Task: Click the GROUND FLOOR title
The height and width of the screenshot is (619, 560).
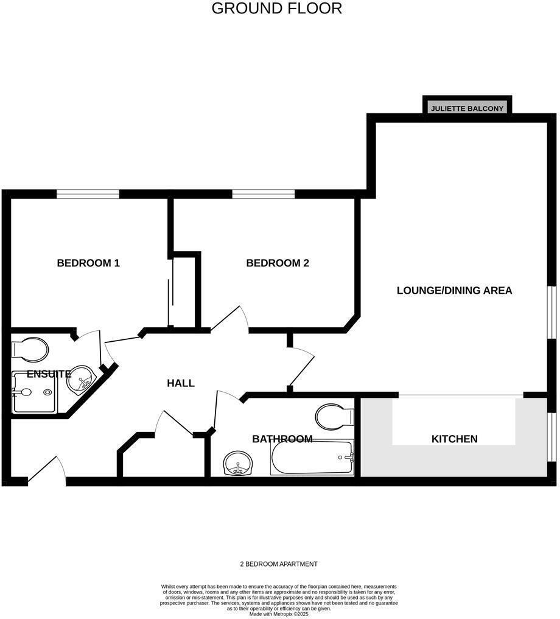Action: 277,9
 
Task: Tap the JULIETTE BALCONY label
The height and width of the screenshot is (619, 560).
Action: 467,108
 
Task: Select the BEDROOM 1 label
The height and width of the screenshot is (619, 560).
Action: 88,263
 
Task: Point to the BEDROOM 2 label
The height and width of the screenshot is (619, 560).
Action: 278,263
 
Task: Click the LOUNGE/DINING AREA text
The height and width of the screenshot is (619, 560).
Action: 454,291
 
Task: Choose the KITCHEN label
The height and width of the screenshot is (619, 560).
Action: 454,439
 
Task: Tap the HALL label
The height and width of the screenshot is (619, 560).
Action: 181,383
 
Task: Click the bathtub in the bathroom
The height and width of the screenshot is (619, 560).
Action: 312,457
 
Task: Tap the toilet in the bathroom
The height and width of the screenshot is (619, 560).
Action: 335,417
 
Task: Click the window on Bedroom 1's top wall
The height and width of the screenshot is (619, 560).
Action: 88,194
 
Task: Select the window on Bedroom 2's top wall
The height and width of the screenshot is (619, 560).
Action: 264,194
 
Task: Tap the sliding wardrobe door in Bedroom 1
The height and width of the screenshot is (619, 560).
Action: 171,292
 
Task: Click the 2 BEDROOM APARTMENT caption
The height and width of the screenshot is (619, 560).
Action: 279,564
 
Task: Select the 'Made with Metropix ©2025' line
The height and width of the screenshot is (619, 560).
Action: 279,614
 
